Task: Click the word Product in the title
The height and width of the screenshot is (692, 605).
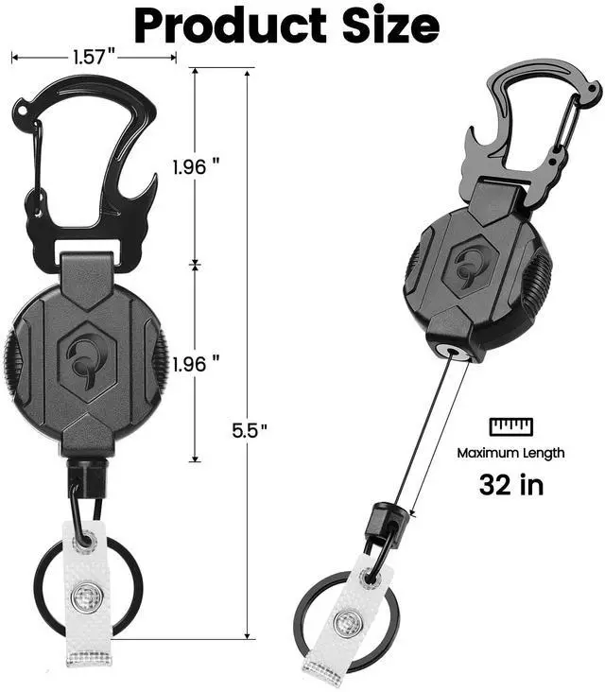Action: coord(230,26)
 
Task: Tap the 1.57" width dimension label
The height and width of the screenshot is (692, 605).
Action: coord(94,57)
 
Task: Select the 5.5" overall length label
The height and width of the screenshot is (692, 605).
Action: coord(251,430)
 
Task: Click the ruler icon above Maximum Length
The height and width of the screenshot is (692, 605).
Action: coord(511,426)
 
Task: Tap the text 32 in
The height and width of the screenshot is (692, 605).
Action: coord(511,485)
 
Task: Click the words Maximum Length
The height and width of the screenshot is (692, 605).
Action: coord(510,453)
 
